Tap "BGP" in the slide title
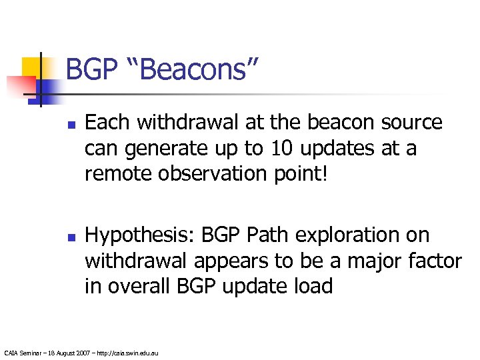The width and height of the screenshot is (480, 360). click(x=90, y=69)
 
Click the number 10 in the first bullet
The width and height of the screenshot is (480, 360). click(x=283, y=148)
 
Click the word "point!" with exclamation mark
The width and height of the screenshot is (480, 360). click(x=299, y=173)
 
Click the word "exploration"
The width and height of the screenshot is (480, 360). click(x=331, y=235)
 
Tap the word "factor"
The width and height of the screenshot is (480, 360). click(x=433, y=261)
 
